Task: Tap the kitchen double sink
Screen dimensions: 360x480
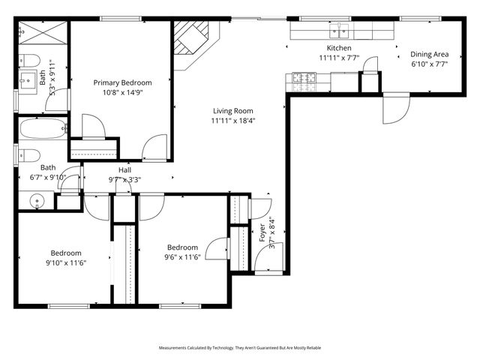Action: (x=340, y=31)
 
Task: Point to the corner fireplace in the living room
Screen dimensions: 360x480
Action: (x=192, y=43)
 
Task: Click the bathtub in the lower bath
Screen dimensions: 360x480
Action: (x=42, y=128)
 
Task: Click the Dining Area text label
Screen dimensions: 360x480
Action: (x=429, y=54)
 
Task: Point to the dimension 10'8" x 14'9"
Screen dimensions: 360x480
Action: (x=122, y=93)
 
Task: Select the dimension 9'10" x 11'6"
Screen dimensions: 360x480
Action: (x=66, y=262)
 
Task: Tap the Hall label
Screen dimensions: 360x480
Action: (x=124, y=170)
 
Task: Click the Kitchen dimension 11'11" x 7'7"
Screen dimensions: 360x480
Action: (x=339, y=57)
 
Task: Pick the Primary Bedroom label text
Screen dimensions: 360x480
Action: (x=122, y=82)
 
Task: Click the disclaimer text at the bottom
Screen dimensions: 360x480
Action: (x=240, y=348)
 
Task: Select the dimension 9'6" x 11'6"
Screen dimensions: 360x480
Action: (x=182, y=257)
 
